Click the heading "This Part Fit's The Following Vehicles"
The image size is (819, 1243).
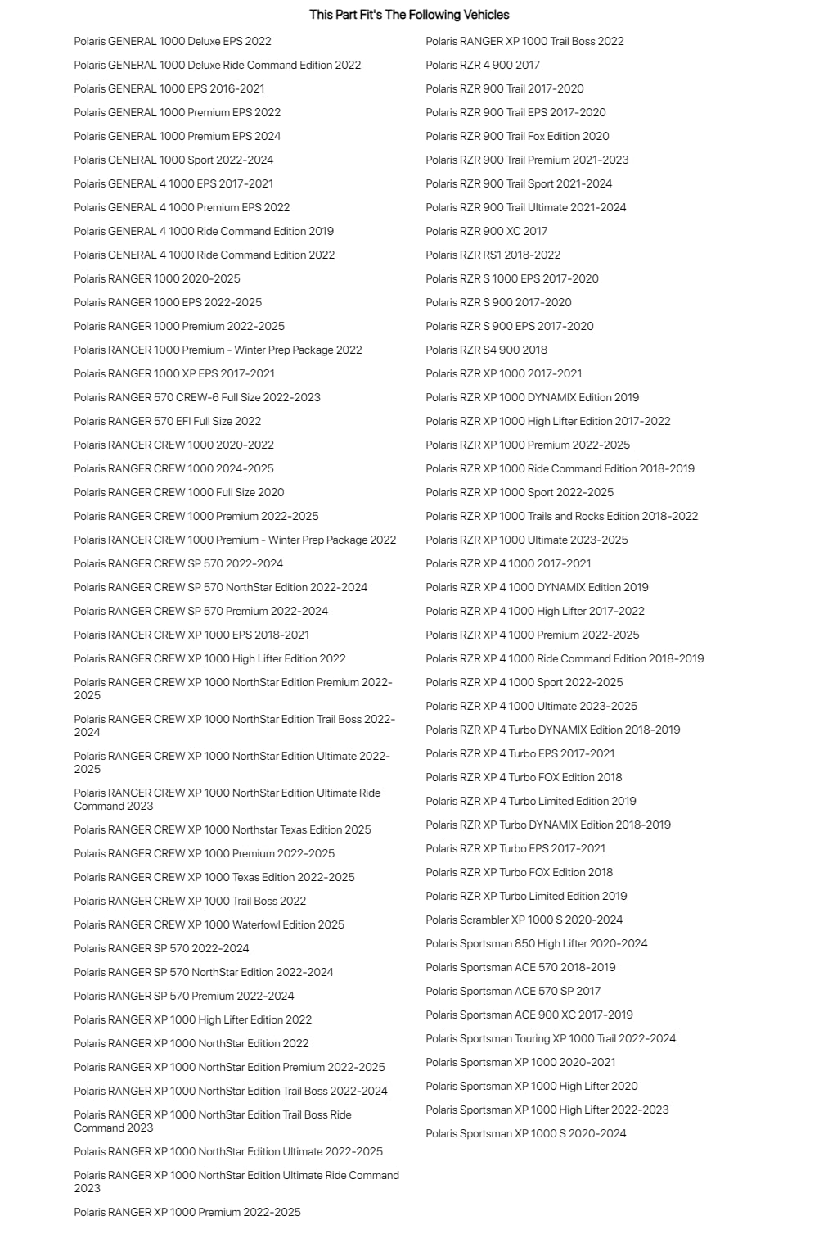[409, 15]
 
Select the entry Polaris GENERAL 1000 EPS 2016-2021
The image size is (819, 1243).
[169, 88]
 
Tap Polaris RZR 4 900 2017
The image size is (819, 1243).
[483, 65]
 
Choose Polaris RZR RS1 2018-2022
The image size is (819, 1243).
[493, 255]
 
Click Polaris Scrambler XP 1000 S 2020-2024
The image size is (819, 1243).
[524, 920]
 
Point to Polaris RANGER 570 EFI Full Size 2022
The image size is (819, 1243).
[168, 421]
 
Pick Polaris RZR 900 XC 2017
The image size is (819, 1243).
[487, 231]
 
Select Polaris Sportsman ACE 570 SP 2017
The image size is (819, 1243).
[513, 991]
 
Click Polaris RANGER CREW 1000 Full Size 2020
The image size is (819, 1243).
[179, 492]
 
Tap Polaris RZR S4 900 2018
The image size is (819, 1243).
[487, 350]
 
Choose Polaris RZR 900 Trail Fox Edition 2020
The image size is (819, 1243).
[517, 136]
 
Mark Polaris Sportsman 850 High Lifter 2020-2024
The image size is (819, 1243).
[536, 943]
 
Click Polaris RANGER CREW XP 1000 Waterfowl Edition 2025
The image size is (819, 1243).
[209, 924]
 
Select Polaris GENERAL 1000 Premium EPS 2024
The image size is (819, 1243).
[178, 136]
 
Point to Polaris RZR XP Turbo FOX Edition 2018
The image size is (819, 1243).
[519, 872]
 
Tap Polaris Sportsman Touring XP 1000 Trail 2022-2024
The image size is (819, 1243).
[551, 1038]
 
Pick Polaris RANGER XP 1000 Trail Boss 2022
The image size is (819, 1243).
[524, 41]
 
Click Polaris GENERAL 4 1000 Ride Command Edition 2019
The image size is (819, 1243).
[204, 231]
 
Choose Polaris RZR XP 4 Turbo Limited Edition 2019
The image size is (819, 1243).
[531, 801]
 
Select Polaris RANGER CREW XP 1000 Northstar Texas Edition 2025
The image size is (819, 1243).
[223, 829]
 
